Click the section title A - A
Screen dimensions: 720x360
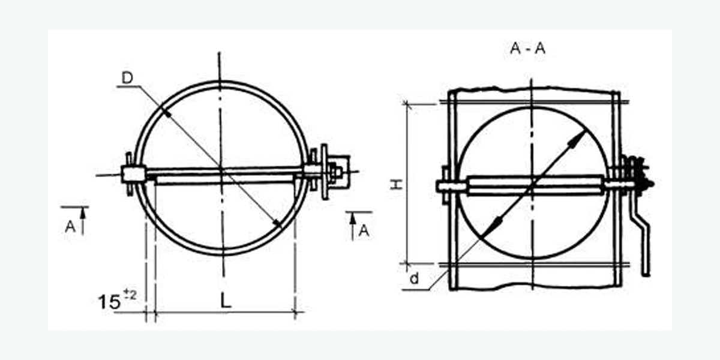(x=527, y=48)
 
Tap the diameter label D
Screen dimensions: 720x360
(x=127, y=78)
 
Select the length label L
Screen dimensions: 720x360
(x=226, y=301)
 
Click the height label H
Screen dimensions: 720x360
(x=397, y=185)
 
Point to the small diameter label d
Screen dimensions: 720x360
(x=415, y=278)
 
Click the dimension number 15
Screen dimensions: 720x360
(x=109, y=302)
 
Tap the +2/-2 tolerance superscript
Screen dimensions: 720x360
(x=130, y=295)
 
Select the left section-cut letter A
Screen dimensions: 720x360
(x=70, y=227)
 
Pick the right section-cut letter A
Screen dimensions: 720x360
(x=364, y=231)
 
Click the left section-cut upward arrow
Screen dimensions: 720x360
(x=83, y=221)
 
